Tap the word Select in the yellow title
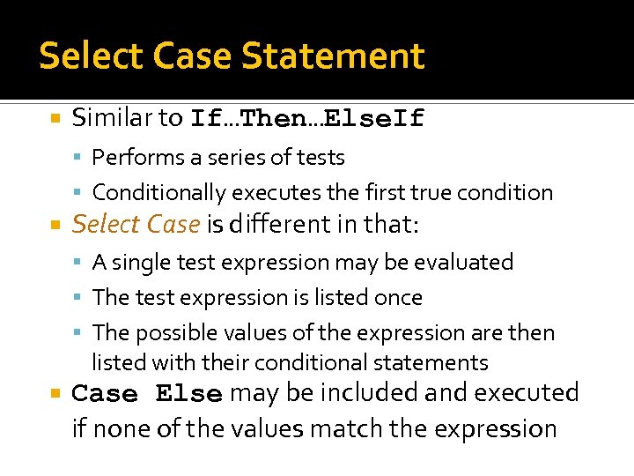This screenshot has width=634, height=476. coord(92,56)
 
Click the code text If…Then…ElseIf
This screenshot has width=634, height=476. coord(307,118)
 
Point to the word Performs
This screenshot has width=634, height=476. coord(132,158)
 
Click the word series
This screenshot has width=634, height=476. coord(250,158)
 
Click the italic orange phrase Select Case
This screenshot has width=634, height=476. coord(136,225)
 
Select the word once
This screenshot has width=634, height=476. coord(398,298)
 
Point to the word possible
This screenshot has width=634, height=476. coord(174,333)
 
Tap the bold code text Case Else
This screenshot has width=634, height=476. coord(146,394)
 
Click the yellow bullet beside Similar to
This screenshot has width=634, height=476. coord(55,118)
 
